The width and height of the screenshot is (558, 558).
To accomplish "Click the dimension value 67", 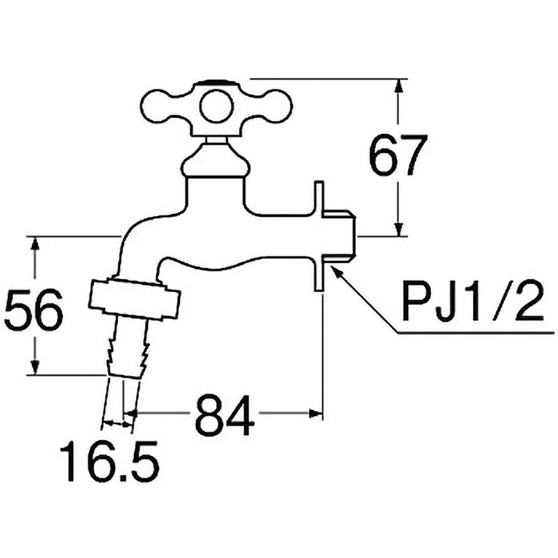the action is [398, 154].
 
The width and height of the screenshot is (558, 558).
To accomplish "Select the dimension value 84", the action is [225, 413].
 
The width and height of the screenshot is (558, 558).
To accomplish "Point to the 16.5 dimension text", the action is [110, 461].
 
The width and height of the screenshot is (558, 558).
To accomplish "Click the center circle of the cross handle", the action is [216, 107].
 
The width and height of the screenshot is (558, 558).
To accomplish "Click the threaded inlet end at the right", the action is [338, 236].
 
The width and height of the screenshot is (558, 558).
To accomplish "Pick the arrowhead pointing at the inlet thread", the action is [336, 272].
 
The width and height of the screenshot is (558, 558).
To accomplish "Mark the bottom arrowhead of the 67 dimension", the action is [399, 228].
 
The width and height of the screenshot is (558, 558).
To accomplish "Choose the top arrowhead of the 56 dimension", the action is [35, 244].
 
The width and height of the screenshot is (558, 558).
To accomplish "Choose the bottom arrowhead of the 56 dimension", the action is [35, 366].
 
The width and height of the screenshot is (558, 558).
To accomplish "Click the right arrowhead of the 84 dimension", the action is [315, 413].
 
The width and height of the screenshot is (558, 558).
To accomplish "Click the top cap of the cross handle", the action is [216, 82].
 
